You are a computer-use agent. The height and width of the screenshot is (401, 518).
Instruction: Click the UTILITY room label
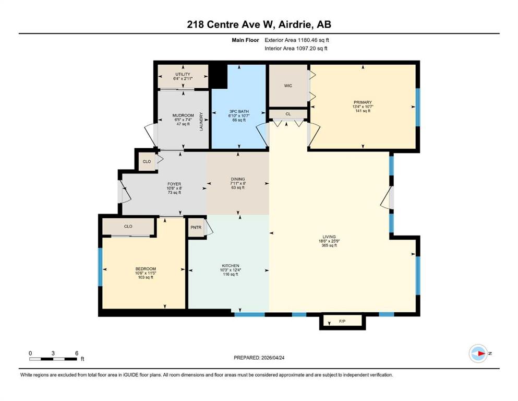click(183, 74)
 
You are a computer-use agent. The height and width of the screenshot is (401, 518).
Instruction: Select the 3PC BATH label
click(238, 111)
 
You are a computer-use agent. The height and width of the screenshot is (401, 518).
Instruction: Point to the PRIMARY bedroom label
click(362, 102)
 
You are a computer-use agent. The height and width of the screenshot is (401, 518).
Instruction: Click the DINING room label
click(238, 179)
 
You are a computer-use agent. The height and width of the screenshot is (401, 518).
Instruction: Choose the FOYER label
click(174, 184)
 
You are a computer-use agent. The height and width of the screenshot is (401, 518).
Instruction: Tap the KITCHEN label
click(230, 266)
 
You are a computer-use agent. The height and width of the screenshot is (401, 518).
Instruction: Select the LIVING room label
click(329, 237)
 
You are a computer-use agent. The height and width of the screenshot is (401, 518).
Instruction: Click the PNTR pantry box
click(196, 227)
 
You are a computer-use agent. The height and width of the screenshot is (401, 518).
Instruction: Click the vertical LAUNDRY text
click(200, 121)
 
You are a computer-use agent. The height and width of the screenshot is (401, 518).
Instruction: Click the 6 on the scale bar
click(77, 353)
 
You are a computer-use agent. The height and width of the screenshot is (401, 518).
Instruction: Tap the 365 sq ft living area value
click(329, 245)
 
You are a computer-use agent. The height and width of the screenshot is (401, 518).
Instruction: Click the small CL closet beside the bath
click(287, 113)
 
